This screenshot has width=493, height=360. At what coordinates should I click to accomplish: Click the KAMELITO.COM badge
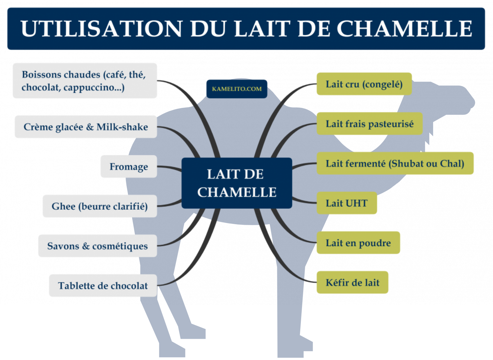coord(237,89)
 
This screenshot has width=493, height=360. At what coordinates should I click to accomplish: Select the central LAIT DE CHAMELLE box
coord(237,183)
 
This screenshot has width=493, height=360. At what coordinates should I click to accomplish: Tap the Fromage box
coord(129,167)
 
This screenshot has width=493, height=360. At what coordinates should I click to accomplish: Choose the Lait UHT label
coord(346,203)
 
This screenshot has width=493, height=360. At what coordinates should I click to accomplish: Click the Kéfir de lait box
coord(352,282)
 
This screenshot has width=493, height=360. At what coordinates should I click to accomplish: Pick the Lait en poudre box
coord(358,243)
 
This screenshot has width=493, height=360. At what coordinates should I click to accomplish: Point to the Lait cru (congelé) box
coord(364,84)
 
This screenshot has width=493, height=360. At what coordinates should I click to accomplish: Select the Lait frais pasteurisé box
coord(369,124)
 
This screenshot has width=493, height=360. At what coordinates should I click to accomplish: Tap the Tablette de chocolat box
coord(103,286)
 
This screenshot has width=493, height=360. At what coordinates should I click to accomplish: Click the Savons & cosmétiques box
coord(97,246)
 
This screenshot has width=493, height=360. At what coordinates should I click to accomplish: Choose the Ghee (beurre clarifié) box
coord(100,206)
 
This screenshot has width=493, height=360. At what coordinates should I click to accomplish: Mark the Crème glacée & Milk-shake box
coord(86,127)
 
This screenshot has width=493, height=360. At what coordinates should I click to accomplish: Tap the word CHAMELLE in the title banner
coord(404,29)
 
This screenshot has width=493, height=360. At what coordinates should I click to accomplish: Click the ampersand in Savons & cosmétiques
coord(86,246)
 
